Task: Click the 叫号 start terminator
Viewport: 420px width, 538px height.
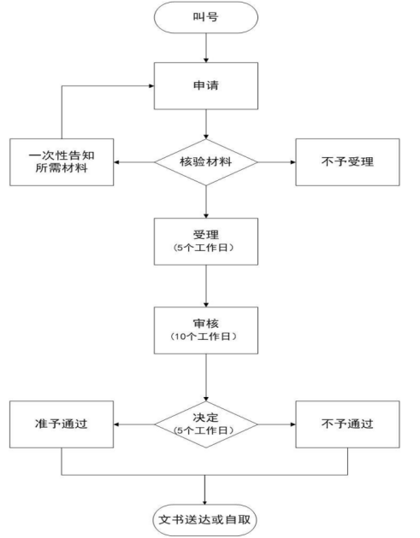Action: point(206,17)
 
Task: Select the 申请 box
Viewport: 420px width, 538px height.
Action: point(206,86)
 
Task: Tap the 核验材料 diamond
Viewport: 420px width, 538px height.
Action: point(206,162)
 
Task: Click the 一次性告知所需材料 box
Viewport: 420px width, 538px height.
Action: point(62,162)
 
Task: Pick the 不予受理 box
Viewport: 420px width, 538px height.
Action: point(347,162)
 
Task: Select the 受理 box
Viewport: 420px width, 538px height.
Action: point(206,242)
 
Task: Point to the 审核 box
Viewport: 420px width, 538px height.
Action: point(206,330)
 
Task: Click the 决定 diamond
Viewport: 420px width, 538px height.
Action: point(206,424)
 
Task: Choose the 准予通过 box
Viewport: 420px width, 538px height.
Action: point(62,424)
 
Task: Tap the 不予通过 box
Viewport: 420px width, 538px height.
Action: point(347,424)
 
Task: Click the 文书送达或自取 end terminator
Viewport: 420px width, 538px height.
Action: point(204,520)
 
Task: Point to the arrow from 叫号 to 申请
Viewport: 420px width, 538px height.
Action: point(206,48)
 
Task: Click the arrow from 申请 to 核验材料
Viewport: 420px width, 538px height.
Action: point(206,124)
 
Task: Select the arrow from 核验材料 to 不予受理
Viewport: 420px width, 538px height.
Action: point(276,162)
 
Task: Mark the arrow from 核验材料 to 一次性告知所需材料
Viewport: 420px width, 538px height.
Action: point(134,162)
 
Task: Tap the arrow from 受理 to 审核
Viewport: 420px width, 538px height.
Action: point(206,286)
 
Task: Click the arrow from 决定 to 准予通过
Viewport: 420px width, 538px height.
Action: point(134,424)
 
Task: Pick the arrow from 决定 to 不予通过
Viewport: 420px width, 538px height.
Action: point(276,424)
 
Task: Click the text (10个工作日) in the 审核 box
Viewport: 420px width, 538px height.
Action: point(203,336)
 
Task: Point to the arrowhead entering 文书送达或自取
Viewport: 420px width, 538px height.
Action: point(204,502)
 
